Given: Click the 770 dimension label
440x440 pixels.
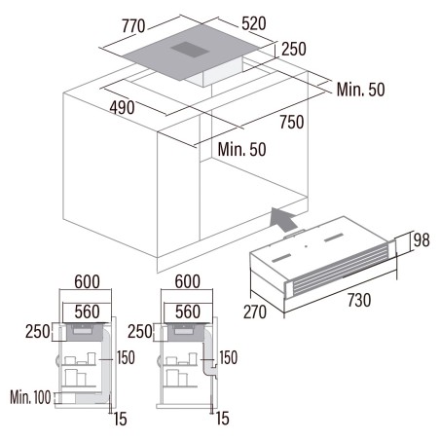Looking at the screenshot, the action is pos(133,26).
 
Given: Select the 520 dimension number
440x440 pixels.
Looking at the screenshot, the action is pos(254,23).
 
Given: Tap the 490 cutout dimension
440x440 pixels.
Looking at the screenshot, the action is pos(122,107).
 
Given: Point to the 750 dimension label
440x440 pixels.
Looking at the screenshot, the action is pos(292,122).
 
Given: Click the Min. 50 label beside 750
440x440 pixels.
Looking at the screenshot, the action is pos(360,90).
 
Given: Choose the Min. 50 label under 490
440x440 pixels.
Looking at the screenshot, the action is pos(241,149).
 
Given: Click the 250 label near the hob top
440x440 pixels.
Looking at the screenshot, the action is pos(294,49).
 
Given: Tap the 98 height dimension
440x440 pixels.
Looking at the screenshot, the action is pos(422,240).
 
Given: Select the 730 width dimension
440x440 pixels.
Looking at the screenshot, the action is pos(359,300).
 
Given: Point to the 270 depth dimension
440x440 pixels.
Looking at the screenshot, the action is pos(255,312).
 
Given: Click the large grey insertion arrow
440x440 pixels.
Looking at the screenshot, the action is pos(283,219).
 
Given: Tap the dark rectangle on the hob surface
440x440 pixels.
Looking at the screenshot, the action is pos(190,50).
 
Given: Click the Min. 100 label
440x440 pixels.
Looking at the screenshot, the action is pos(30,397).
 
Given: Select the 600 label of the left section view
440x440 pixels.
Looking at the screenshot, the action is pos(87,281).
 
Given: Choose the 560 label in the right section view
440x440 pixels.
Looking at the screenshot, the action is pos(188,312).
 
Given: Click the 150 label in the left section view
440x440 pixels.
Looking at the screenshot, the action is pos(126,357).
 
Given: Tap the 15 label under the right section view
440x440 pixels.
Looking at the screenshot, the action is pos(223,419).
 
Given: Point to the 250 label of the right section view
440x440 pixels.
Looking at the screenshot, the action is pos(140,332).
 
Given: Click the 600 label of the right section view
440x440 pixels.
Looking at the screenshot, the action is pos(188,281).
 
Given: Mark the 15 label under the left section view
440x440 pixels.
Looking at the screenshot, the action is pos(120,419).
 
